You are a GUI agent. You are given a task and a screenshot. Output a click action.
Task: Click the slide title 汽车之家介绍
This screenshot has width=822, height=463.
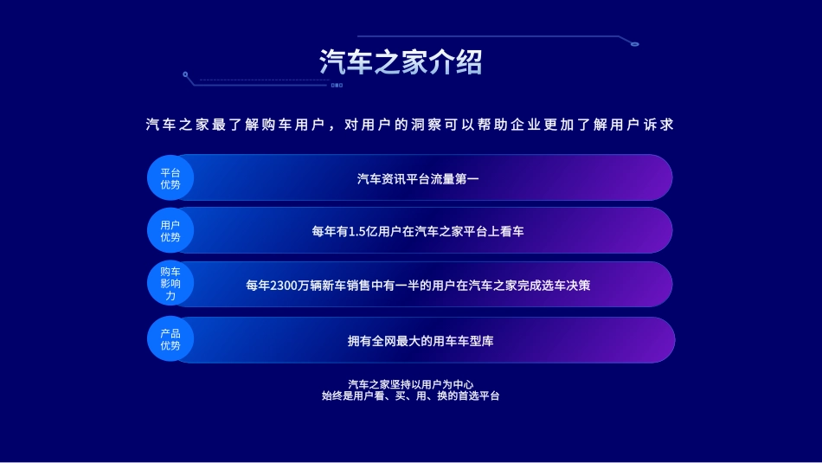pos(401,61)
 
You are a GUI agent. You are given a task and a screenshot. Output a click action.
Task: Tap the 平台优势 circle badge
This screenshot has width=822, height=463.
pos(170,177)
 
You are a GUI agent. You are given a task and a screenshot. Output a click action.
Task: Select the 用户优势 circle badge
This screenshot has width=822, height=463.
pos(170,231)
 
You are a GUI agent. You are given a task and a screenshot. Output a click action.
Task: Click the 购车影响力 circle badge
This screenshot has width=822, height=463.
pos(170,284)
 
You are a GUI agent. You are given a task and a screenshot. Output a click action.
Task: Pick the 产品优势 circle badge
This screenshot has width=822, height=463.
pos(170,339)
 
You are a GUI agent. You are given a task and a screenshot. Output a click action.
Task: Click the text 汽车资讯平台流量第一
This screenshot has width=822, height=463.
pos(418,179)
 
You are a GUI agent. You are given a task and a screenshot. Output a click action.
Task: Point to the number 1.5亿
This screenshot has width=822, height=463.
pos(363,231)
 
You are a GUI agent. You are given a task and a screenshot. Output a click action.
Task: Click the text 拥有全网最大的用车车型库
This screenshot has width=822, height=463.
pos(421,341)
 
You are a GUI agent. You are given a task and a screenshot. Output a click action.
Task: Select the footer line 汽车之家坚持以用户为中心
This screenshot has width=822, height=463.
pos(410,384)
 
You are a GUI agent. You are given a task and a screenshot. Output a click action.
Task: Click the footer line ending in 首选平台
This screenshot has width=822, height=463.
pos(410,395)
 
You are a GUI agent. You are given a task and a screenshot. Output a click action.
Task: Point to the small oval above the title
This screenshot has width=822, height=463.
pos(635,44)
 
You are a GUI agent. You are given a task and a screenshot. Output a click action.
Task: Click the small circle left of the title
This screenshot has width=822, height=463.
pos(185,74)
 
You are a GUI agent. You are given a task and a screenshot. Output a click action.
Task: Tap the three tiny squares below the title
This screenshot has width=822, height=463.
pos(337,85)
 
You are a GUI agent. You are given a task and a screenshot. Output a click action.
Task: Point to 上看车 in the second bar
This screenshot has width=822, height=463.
pos(505,231)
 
